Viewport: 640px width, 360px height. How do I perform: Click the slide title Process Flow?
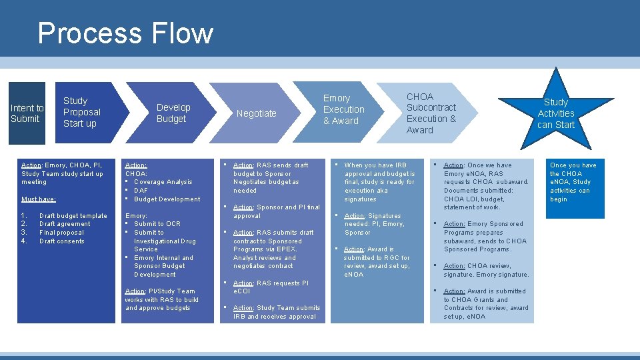pos(125,33)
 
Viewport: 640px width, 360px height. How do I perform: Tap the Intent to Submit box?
pos(27,113)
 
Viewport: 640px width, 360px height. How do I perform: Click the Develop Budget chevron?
pos(173,113)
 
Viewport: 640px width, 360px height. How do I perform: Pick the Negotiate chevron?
pos(256,113)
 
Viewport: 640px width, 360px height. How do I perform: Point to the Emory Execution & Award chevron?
pos(343,109)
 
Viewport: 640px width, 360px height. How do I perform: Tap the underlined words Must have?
pos(39,199)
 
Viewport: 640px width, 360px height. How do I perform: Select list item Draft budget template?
pos(73,216)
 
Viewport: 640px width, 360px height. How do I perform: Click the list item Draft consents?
pos(62,241)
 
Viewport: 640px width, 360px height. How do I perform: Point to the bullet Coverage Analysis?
pos(163,182)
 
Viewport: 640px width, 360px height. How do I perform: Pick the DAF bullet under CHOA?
pos(142,191)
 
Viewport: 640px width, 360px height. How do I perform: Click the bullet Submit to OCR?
pos(157,224)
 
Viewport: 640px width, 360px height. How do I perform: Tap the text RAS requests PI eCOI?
pos(271,287)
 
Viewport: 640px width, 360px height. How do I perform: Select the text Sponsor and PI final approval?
pos(276,211)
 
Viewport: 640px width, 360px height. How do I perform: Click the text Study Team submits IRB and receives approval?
pos(276,312)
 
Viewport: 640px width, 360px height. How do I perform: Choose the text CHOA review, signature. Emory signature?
pos(486,270)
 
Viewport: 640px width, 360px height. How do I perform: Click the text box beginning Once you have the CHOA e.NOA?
pos(573,182)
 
